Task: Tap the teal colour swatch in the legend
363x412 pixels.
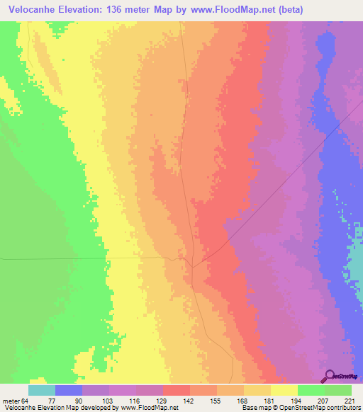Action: point(42,390)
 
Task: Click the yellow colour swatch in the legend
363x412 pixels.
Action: point(284,390)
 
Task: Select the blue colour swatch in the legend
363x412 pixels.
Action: point(69,390)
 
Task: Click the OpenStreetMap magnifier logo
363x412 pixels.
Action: point(330,376)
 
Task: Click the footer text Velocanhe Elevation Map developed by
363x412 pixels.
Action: point(60,408)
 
